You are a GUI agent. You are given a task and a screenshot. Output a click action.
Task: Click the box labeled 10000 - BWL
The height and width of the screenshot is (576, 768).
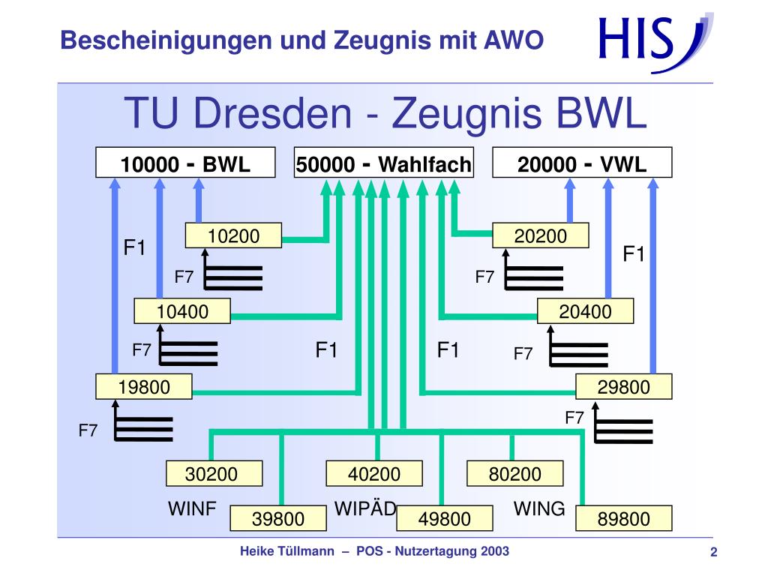click(185, 163)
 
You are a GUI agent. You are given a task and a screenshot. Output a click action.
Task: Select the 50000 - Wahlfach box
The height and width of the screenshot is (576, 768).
click(384, 163)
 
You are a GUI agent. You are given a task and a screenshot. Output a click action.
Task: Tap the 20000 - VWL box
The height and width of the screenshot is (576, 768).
click(582, 163)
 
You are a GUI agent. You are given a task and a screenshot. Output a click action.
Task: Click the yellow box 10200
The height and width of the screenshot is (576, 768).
click(234, 236)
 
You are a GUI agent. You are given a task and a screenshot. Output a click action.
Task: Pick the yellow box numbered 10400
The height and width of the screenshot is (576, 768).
click(182, 311)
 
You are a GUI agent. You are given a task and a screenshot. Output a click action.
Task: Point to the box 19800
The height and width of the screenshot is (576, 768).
click(144, 387)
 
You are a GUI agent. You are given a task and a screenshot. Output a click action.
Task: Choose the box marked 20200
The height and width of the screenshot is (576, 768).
click(541, 236)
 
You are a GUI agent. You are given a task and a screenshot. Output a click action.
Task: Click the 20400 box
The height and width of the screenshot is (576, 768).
click(586, 311)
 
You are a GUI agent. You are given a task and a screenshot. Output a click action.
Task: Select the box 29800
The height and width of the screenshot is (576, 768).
click(624, 387)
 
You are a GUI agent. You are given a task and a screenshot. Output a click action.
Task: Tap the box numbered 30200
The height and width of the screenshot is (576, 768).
click(214, 474)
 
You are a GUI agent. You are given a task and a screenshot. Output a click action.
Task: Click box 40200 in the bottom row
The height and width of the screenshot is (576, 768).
click(374, 474)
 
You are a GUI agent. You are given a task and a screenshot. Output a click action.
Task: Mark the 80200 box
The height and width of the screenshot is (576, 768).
click(515, 474)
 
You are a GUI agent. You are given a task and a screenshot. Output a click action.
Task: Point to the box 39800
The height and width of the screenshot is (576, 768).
click(278, 518)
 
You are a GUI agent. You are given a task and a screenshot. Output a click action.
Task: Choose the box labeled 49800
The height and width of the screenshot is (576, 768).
click(445, 518)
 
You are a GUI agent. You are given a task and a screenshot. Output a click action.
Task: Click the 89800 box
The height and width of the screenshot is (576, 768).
click(624, 518)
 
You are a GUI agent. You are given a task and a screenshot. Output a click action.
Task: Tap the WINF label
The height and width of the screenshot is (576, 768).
click(192, 509)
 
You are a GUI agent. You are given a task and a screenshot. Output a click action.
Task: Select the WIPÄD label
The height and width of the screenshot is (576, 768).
click(365, 508)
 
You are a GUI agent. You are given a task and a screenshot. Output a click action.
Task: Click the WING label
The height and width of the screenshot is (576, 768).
click(539, 508)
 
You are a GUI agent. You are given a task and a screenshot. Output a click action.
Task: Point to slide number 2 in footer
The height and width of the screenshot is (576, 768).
click(714, 553)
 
